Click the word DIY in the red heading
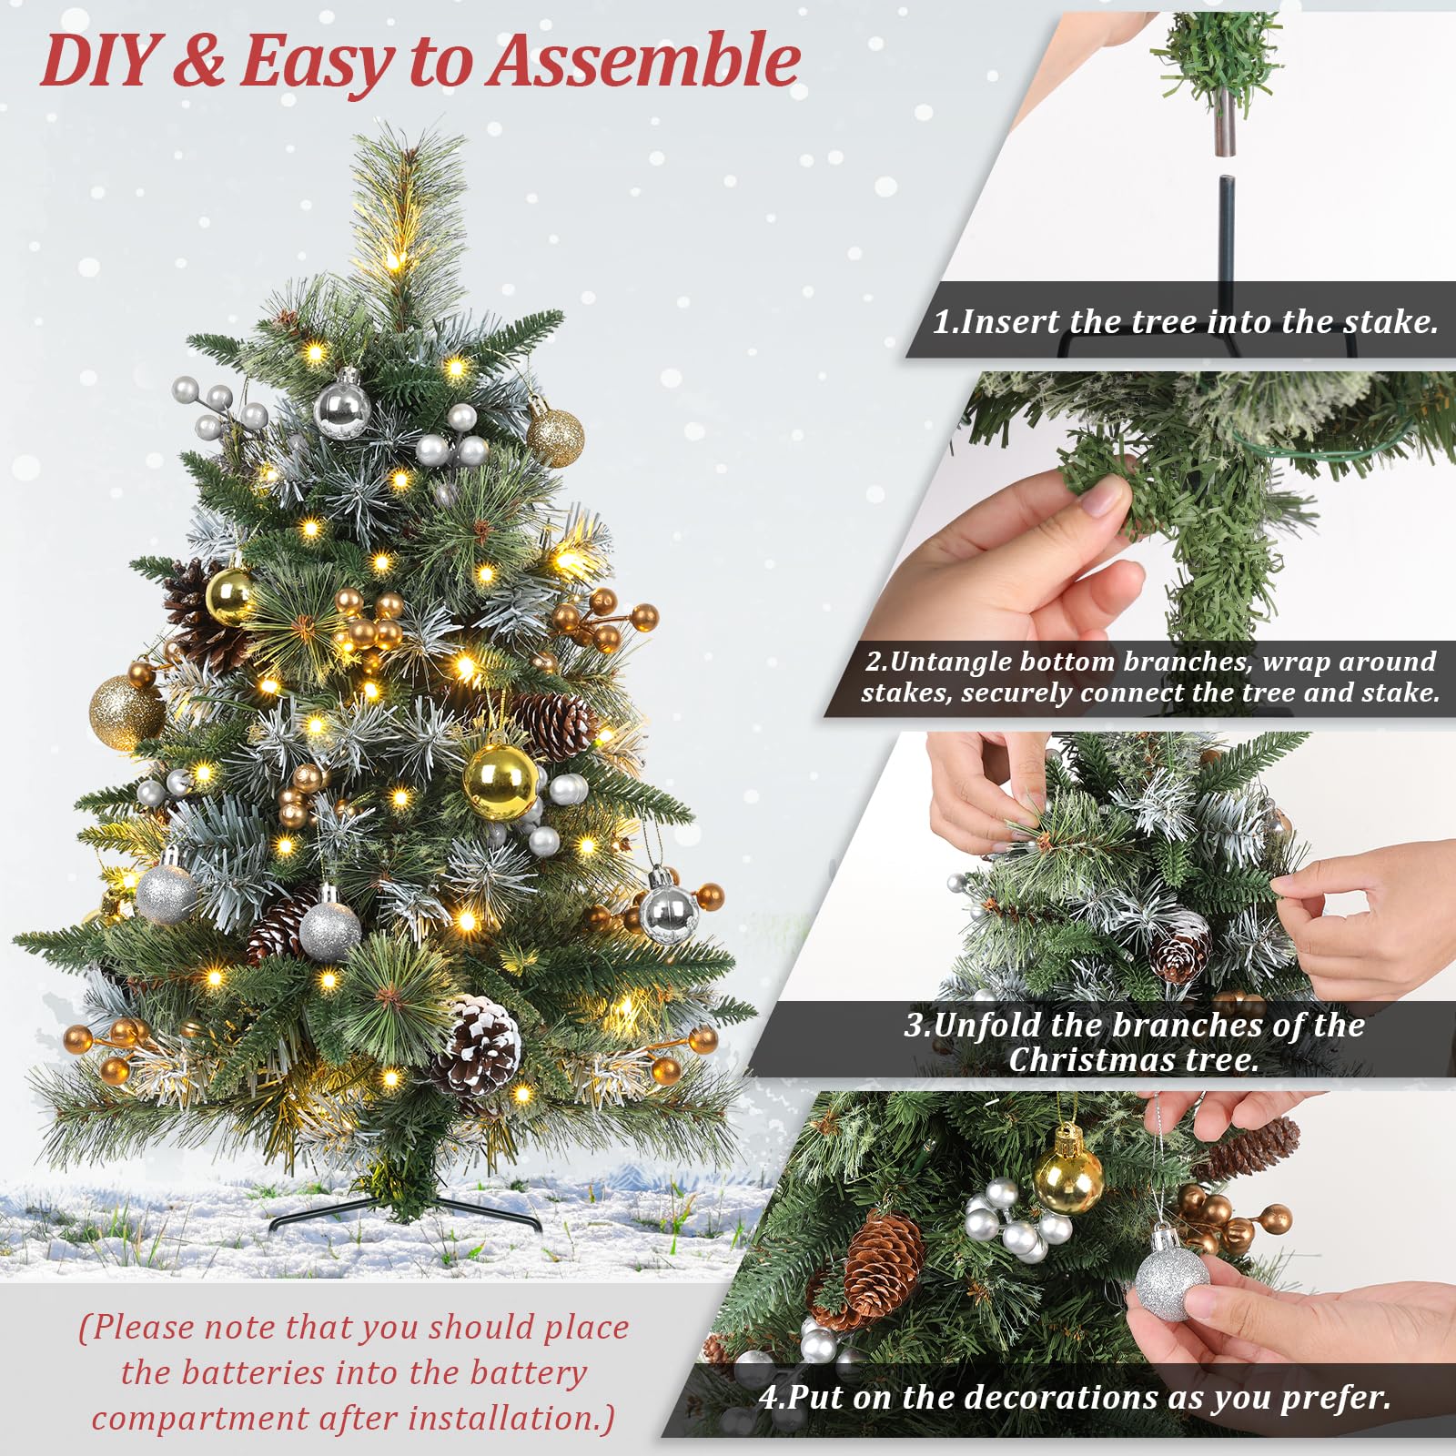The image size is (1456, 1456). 98,61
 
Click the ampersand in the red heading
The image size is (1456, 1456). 198,61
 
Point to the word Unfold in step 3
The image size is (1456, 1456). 987,1026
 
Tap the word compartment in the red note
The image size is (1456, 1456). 200,1418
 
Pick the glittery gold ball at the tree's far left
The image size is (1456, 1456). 126,713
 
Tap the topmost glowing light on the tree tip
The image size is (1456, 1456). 394,261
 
